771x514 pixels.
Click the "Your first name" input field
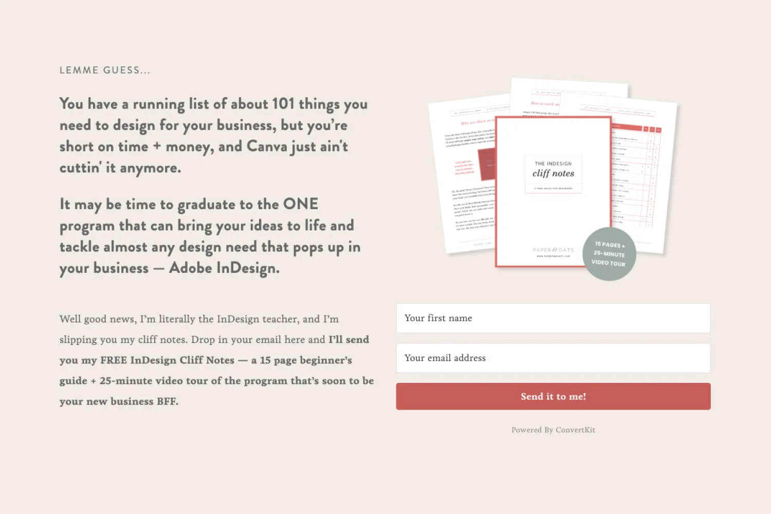(553, 318)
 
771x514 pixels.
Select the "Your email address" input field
(553, 358)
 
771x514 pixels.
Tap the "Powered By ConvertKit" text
(553, 430)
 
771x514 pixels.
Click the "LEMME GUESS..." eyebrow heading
(105, 70)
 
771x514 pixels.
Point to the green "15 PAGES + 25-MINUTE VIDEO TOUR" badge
(609, 254)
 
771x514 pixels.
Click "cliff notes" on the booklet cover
(553, 174)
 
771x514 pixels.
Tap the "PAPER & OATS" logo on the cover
(553, 250)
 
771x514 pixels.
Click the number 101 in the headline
(283, 104)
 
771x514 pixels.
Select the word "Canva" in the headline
(267, 146)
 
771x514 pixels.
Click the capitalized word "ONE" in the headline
(301, 204)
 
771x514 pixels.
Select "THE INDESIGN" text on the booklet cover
(553, 163)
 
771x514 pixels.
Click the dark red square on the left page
(487, 164)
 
